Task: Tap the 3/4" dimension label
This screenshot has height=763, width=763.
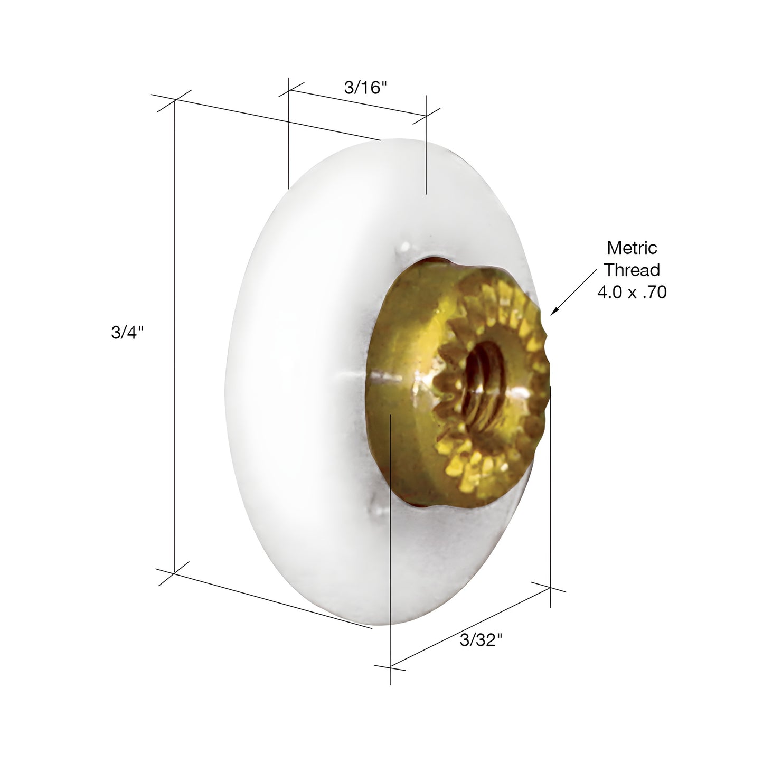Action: (127, 333)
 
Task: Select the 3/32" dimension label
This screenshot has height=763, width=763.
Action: (481, 640)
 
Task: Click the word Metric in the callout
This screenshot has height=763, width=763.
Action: (632, 248)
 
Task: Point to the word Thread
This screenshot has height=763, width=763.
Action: (632, 270)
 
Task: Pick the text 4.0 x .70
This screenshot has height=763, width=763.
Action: (632, 292)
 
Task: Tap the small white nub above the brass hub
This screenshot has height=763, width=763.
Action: (406, 247)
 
